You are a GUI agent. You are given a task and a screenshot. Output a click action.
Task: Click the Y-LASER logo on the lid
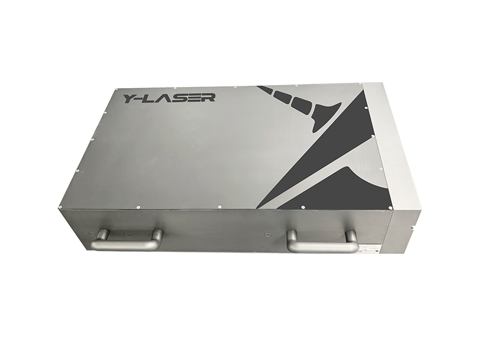pos(170,98)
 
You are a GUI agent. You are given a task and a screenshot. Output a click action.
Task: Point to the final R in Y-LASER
pos(209,97)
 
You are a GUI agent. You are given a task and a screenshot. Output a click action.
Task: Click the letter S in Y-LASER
pos(178,98)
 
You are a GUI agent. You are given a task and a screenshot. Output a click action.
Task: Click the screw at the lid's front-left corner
pos(59,207)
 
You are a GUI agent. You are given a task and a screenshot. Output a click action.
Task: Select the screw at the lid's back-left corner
pos(116,89)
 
